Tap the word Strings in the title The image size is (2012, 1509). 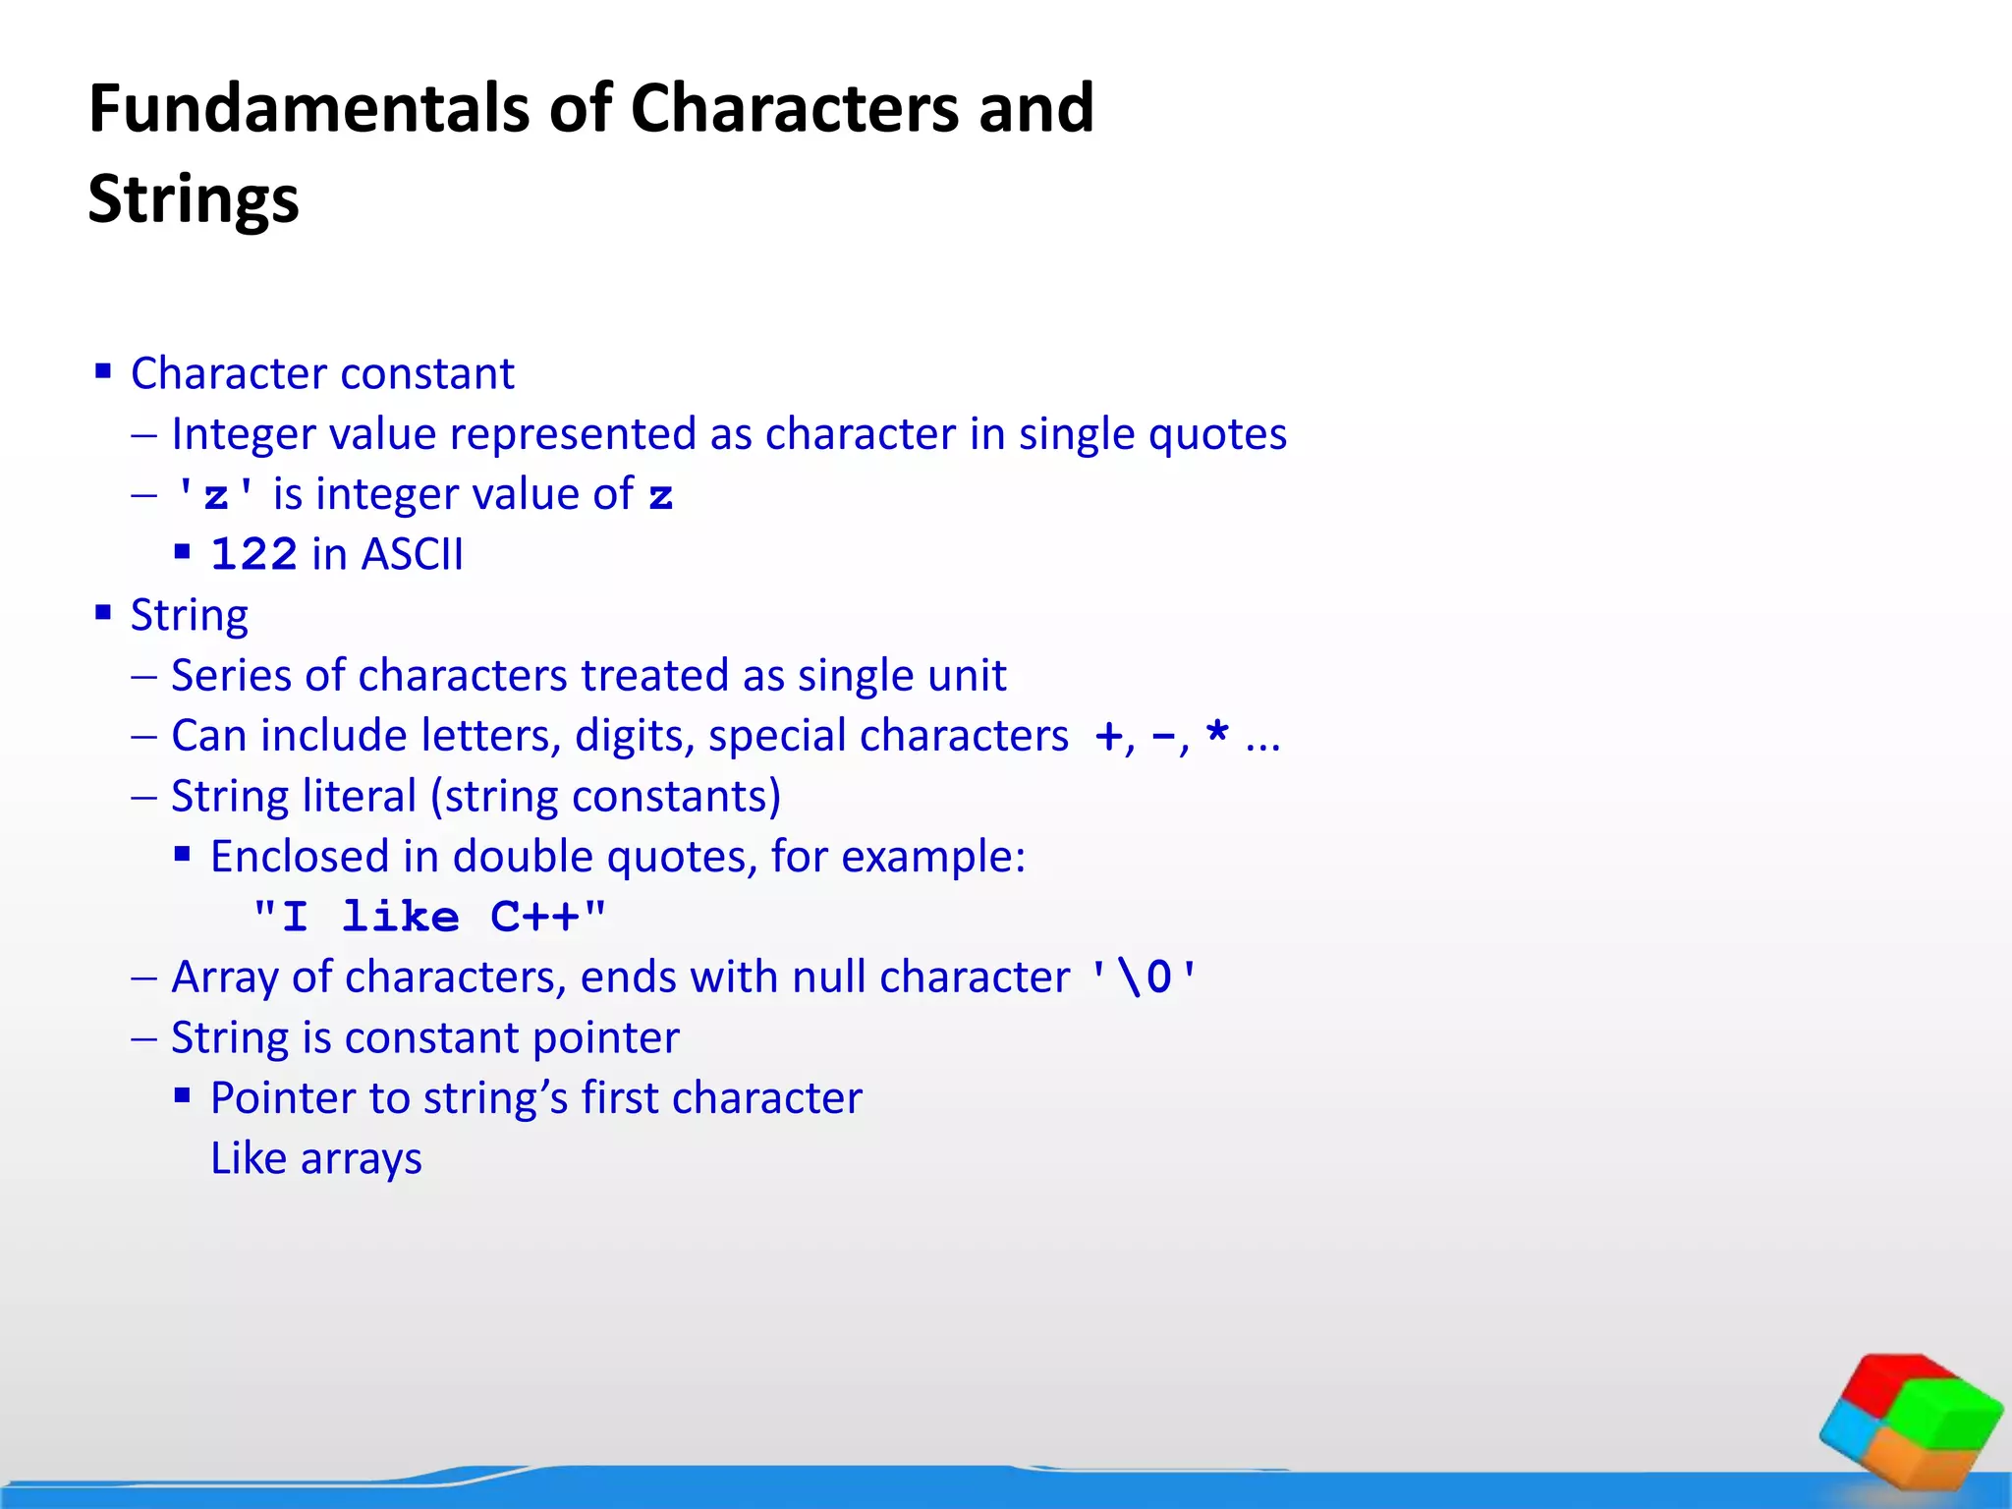[194, 199]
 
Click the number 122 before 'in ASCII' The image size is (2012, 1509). [253, 555]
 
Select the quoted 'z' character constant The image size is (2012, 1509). [215, 495]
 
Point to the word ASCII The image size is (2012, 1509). [412, 555]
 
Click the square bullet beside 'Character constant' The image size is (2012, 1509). [103, 371]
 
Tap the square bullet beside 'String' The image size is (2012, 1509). [103, 613]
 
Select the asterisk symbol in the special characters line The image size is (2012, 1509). [1217, 733]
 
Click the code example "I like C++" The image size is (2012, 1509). [429, 918]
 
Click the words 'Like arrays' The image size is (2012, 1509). [316, 1159]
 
